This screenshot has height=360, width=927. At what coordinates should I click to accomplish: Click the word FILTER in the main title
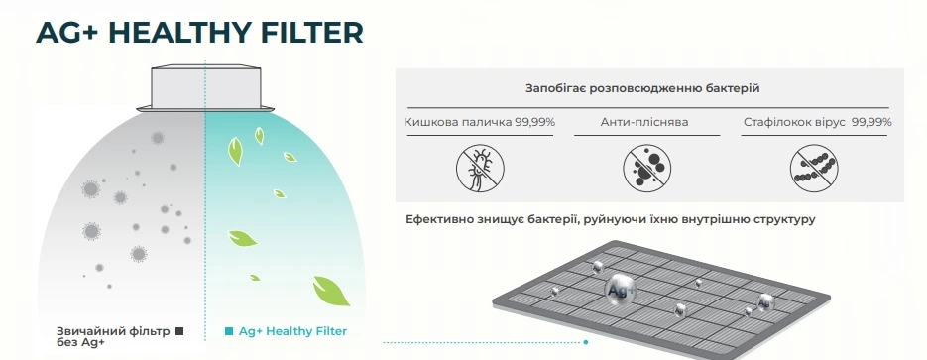click(x=311, y=33)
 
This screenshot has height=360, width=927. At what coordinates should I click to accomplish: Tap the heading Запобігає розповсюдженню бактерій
click(x=642, y=88)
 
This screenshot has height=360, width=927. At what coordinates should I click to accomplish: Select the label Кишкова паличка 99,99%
click(x=480, y=122)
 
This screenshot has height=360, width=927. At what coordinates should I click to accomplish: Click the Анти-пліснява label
click(x=644, y=122)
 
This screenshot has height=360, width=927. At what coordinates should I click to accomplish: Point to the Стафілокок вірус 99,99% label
click(x=818, y=122)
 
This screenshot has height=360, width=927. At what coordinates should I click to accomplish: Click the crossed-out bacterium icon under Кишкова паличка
click(x=480, y=169)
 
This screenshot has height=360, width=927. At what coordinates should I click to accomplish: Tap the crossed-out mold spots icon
click(x=647, y=169)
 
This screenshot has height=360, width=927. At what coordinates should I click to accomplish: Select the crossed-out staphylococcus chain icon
click(x=814, y=169)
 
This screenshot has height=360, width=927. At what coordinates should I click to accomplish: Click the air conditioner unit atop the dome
click(x=206, y=88)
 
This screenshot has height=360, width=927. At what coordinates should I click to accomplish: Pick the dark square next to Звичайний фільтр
click(x=179, y=331)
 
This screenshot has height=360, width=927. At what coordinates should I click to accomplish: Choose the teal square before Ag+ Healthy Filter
click(x=229, y=331)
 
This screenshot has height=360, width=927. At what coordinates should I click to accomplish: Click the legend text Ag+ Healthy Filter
click(x=292, y=331)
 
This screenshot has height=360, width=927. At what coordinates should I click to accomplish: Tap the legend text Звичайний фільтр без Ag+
click(x=113, y=336)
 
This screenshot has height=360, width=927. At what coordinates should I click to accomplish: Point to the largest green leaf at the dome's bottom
click(x=331, y=291)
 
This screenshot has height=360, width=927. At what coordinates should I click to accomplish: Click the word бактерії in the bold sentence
click(x=551, y=219)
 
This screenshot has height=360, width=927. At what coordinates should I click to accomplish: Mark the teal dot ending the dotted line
click(x=586, y=342)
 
